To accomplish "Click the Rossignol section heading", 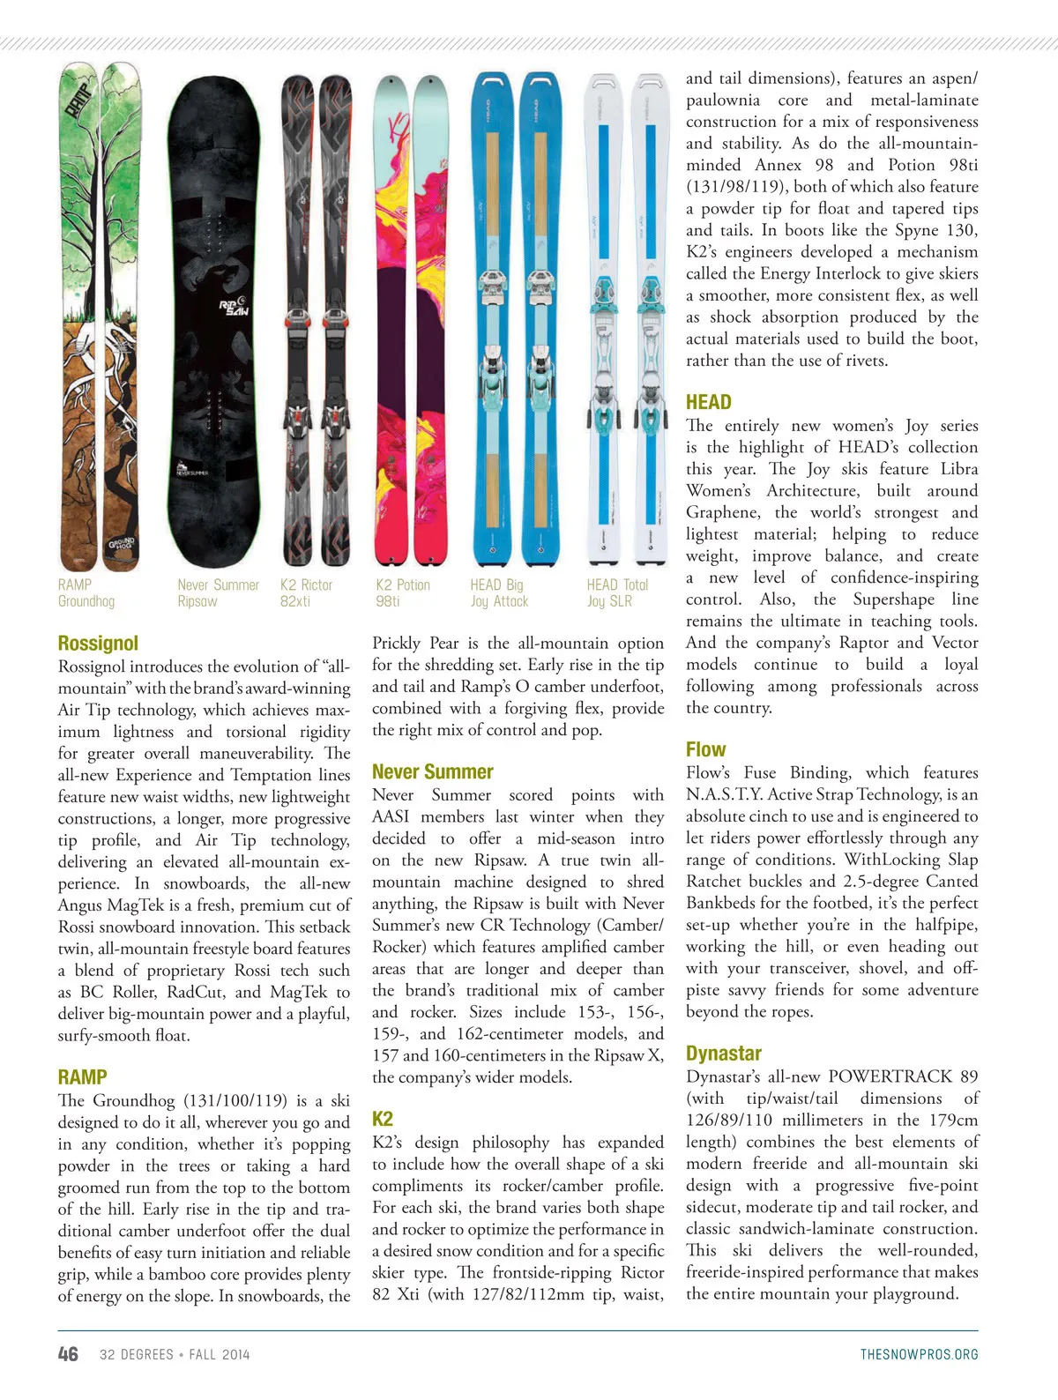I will click(x=98, y=643).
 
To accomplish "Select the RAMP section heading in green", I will click(x=82, y=1076).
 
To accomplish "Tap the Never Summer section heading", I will click(x=432, y=771).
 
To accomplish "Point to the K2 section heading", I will click(x=383, y=1119).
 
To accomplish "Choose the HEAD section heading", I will click(x=709, y=402).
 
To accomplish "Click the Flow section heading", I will click(x=705, y=749).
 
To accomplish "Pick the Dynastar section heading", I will click(x=723, y=1054).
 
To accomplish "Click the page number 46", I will click(x=68, y=1354).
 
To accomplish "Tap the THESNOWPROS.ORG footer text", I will click(x=919, y=1354).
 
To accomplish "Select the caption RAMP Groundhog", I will click(x=86, y=592).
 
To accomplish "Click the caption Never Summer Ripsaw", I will click(x=218, y=592).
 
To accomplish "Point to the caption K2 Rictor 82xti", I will click(x=306, y=592).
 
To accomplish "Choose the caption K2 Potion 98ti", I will click(x=403, y=592).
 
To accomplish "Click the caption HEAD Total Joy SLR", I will click(x=617, y=592).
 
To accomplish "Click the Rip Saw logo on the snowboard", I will click(x=234, y=306).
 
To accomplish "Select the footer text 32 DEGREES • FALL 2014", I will click(x=175, y=1354).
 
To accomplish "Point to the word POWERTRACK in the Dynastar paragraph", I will click(x=890, y=1076).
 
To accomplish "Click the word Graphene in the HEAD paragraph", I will click(x=723, y=512).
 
